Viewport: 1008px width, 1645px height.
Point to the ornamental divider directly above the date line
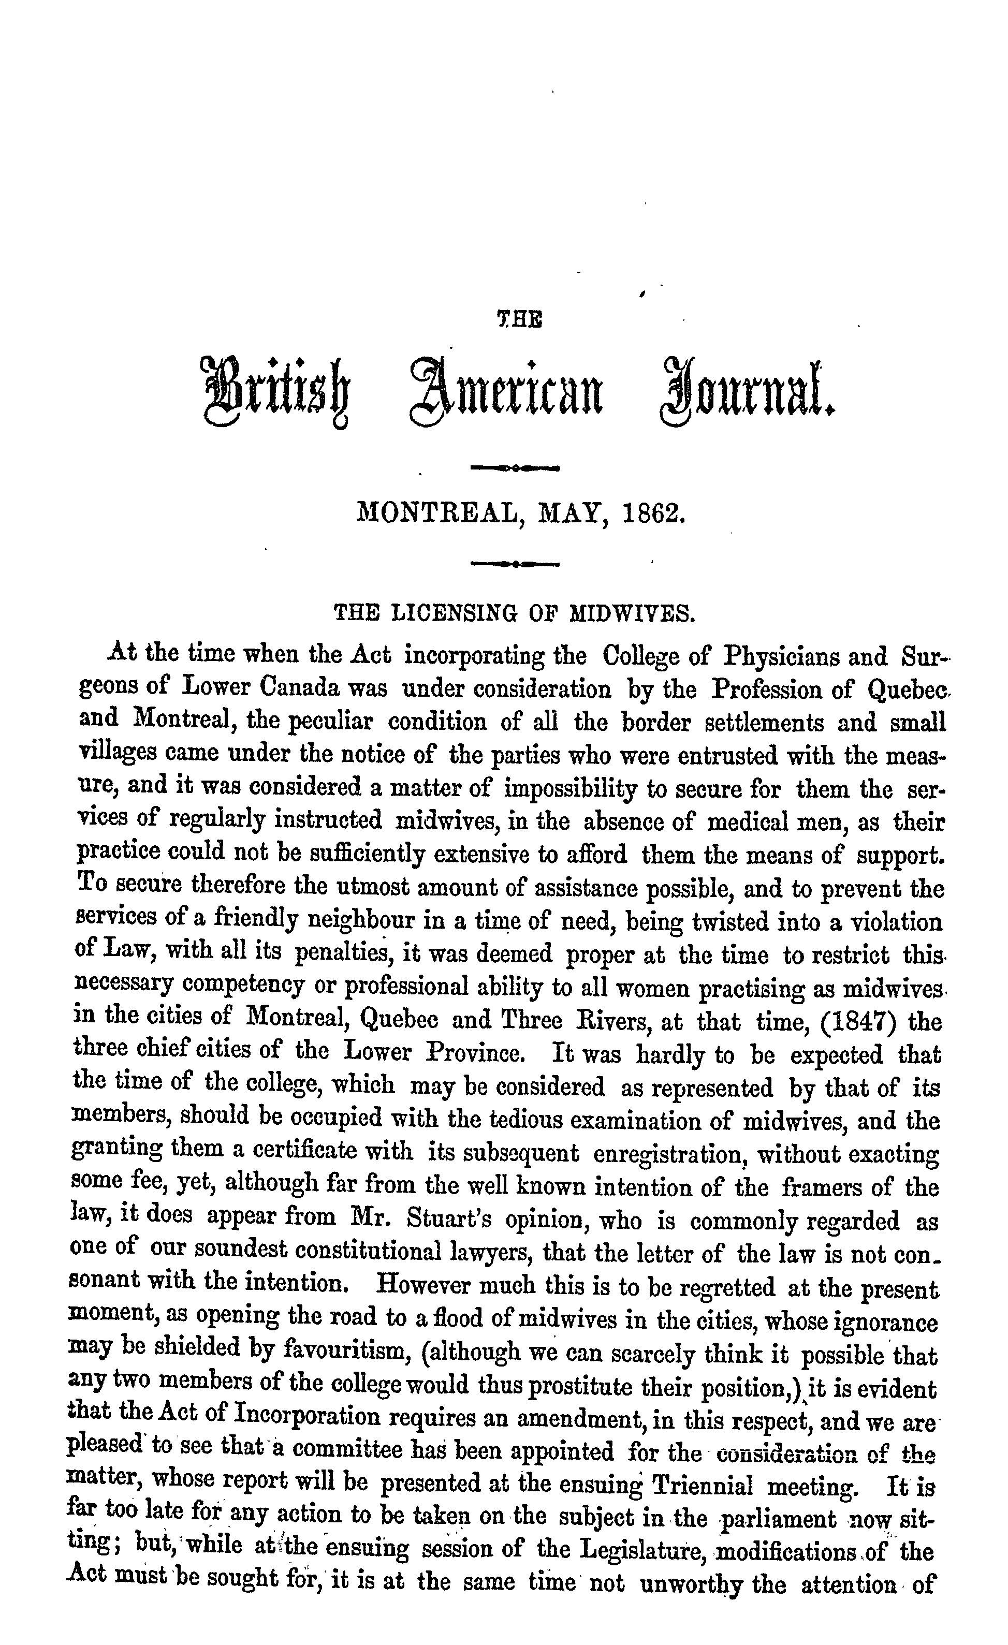[x=515, y=468]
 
